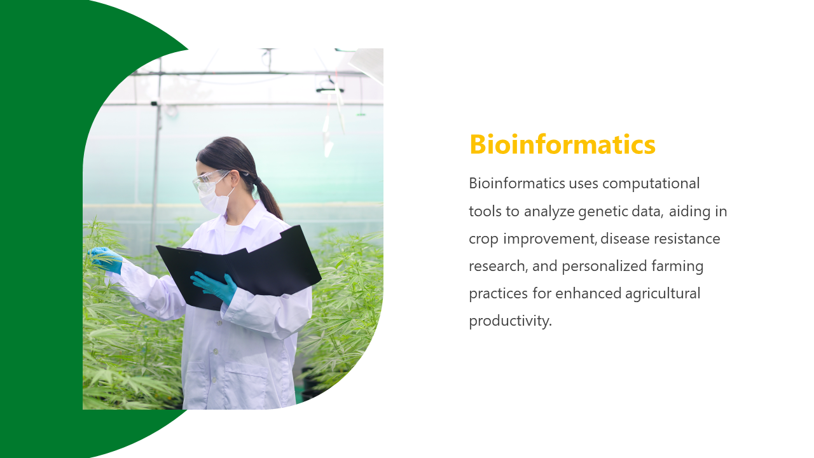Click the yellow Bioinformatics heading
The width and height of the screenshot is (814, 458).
point(562,144)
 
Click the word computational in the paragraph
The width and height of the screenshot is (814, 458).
point(651,184)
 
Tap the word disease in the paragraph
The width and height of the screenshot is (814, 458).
point(624,239)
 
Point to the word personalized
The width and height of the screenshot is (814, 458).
point(604,267)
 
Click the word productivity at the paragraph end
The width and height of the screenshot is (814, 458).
point(510,321)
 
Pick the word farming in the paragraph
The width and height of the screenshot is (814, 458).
point(677,267)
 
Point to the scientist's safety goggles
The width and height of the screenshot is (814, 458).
point(210,180)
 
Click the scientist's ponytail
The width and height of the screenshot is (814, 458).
point(270,198)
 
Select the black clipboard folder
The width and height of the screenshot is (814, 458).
point(238,268)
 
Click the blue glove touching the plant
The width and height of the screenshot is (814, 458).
point(106,259)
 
